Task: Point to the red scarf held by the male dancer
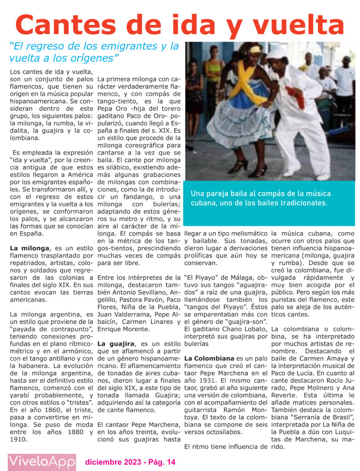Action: (295, 97)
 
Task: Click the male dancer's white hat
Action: (277, 52)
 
